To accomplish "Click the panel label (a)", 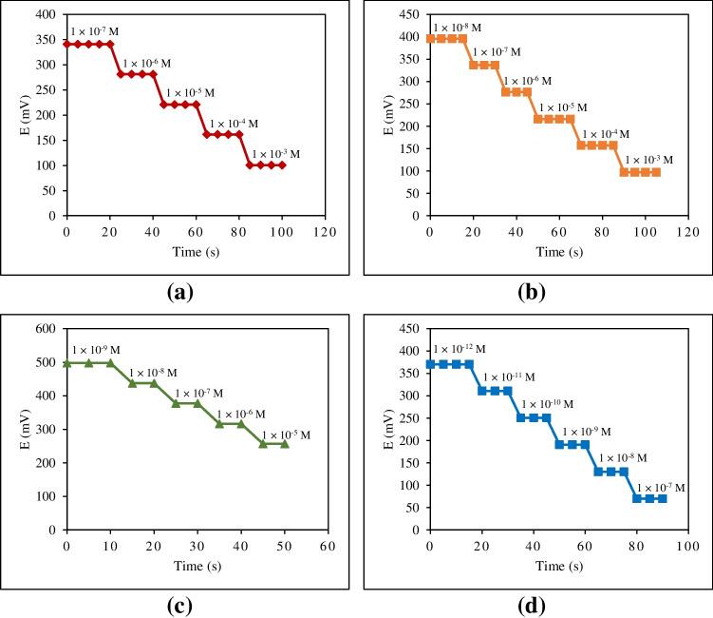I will pyautogui.click(x=178, y=293).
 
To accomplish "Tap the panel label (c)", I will pyautogui.click(x=178, y=604).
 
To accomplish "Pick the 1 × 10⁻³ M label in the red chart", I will pyautogui.click(x=276, y=153).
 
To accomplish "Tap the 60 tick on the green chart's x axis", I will pyautogui.click(x=328, y=546).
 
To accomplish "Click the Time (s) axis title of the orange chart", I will pyautogui.click(x=558, y=254).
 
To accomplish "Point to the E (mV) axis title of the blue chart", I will pyautogui.click(x=388, y=428).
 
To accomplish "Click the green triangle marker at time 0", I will pyautogui.click(x=66, y=363).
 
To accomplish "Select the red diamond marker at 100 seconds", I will pyautogui.click(x=282, y=165).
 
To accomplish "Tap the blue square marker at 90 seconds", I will pyautogui.click(x=662, y=498).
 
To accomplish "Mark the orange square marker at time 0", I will pyautogui.click(x=430, y=39).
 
